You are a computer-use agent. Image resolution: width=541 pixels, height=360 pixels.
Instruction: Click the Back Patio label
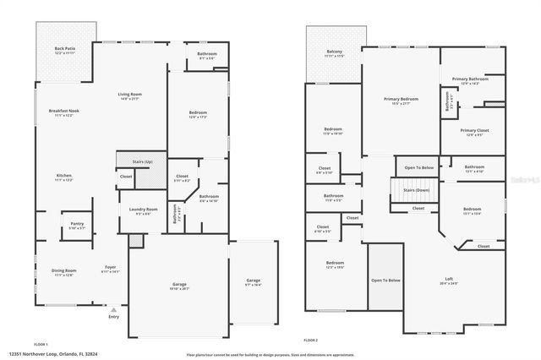pyautogui.click(x=65, y=49)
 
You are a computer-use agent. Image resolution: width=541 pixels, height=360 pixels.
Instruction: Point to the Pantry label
pyautogui.click(x=77, y=224)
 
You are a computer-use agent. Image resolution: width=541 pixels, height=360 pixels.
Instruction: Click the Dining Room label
pyautogui.click(x=64, y=270)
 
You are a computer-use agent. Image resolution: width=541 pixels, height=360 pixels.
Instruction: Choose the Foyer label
pyautogui.click(x=111, y=267)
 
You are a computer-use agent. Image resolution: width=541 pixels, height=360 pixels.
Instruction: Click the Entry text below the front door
pyautogui.click(x=113, y=317)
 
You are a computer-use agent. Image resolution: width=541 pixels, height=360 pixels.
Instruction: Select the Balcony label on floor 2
pyautogui.click(x=334, y=52)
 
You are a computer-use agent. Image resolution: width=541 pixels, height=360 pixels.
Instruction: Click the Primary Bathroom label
pyautogui.click(x=472, y=79)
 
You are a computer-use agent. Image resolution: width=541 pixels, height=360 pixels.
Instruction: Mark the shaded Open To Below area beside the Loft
pyautogui.click(x=385, y=280)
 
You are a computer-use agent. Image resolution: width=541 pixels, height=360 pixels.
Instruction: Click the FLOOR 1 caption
pyautogui.click(x=41, y=345)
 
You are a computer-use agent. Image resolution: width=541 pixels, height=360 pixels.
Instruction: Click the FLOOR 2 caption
pyautogui.click(x=310, y=339)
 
